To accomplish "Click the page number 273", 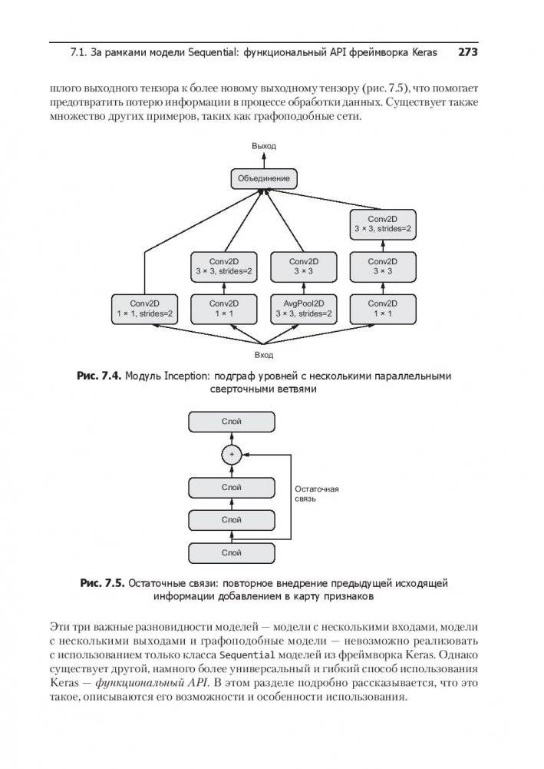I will pos(467,53).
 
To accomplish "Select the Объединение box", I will pos(264,179).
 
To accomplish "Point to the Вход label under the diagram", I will pos(264,355).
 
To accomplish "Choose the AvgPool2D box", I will pos(302,308).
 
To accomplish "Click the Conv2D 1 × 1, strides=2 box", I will pos(145,308).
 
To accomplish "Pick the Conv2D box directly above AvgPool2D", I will pos(302,266).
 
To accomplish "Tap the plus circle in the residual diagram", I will pos(231,455).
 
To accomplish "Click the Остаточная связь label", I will pos(316,493).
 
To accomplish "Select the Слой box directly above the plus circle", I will pos(231,422).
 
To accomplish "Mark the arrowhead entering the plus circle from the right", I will pos(245,455).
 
